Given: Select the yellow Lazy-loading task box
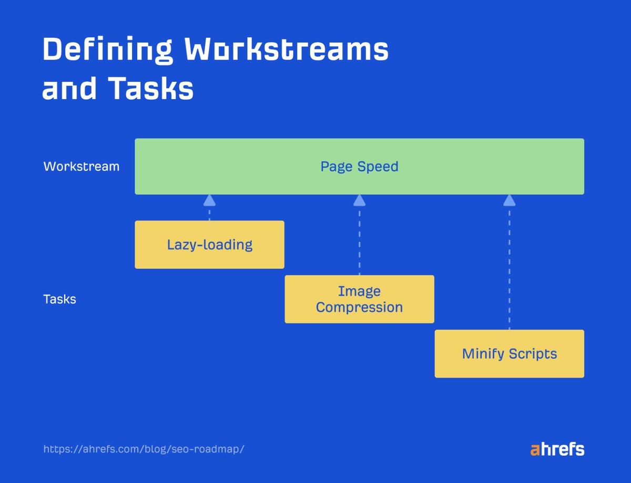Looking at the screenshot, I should (209, 245).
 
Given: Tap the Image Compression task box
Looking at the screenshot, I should (359, 299).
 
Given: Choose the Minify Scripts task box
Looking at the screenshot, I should (509, 353).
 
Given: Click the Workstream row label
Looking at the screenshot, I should (82, 166).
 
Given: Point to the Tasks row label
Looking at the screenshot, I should (59, 299).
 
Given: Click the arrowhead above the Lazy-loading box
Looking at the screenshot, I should (209, 199).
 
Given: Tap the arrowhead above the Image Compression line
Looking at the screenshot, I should (359, 199).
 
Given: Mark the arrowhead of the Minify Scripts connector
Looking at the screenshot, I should (509, 199).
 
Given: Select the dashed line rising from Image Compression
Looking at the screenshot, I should (359, 239).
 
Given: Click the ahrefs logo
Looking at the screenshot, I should (557, 449).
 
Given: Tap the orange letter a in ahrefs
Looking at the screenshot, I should (535, 450).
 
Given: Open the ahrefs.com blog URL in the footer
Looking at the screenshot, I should (144, 449).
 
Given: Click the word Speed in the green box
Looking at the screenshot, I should (378, 167).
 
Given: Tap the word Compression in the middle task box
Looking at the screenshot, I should (359, 307).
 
